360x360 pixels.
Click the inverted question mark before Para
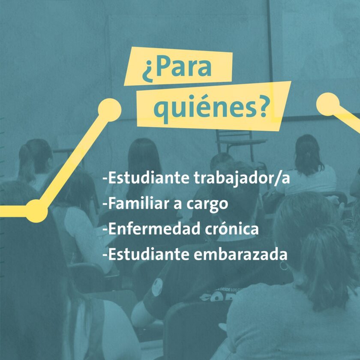[x=147, y=72]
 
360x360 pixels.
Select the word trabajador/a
[x=242, y=178]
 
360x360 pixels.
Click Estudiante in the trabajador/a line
[x=148, y=178]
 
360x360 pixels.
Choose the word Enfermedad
[x=154, y=229]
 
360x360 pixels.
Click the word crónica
[x=232, y=229]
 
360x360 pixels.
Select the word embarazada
[x=240, y=254]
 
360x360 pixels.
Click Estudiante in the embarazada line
[x=148, y=254]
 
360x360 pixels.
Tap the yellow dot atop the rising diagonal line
[x=110, y=110]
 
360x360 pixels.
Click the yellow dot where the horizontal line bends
[x=36, y=211]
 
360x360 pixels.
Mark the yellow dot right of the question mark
[x=328, y=104]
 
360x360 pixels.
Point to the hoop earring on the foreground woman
[x=284, y=265]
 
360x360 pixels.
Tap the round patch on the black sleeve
[x=157, y=287]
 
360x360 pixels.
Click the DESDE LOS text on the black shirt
[x=228, y=290]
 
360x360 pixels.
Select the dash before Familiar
[x=105, y=204]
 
